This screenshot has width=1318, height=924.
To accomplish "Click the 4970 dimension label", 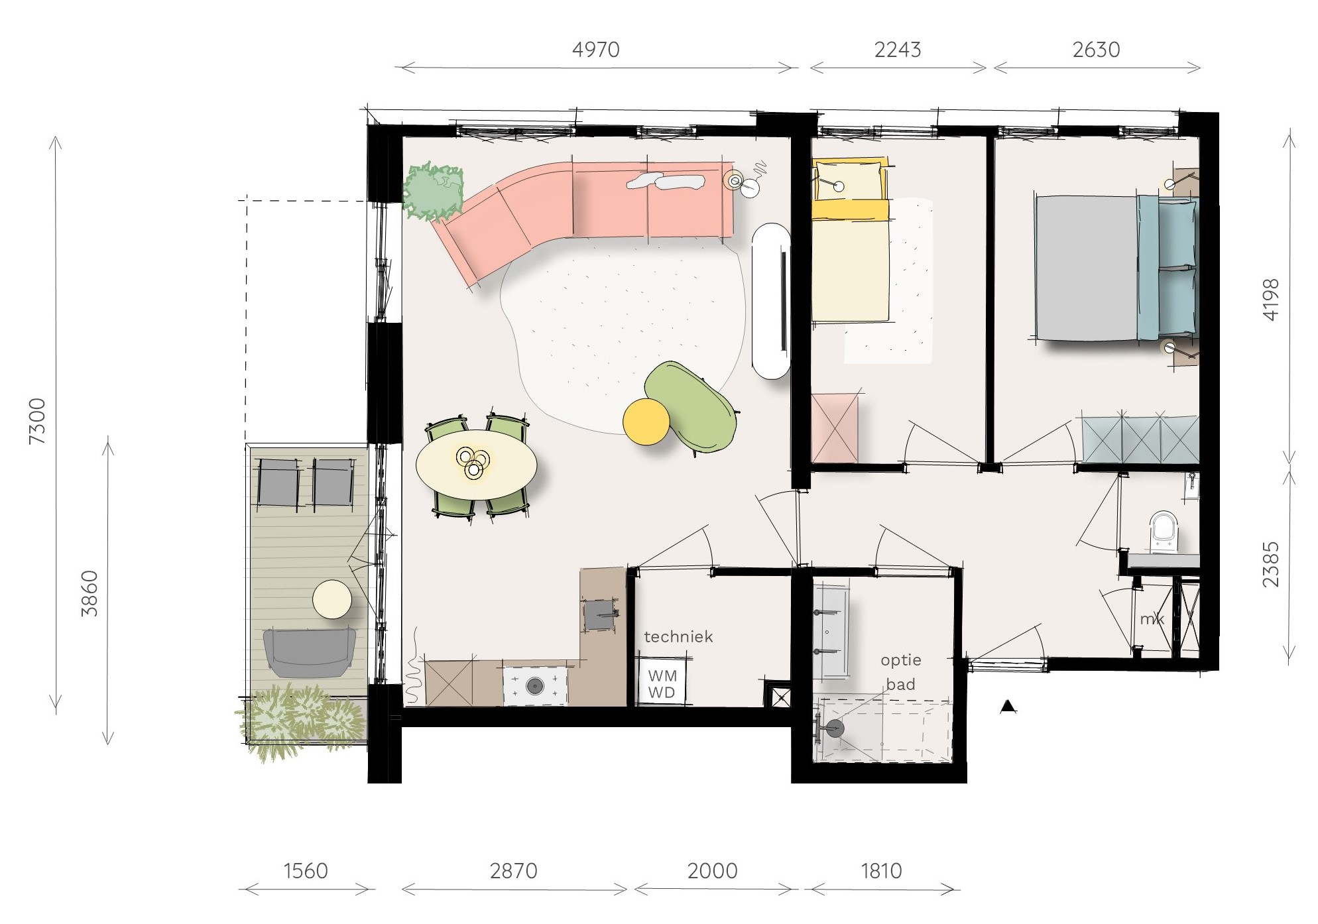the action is point(595,50).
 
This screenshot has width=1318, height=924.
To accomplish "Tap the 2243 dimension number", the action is point(898,50).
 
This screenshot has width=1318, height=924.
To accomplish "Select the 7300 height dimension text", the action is point(38,421).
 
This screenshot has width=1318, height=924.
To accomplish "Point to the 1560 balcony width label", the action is point(306,871).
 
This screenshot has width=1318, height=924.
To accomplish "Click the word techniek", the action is point(678,637).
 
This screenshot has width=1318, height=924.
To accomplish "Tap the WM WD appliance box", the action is point(662,681).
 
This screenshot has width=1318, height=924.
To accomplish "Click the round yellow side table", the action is point(646,422).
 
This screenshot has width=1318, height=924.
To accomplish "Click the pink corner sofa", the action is point(583,212).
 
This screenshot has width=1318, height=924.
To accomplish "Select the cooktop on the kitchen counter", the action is point(536,685).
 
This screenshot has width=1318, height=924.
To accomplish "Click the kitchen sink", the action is point(601,614).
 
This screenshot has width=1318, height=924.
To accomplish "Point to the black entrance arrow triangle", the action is point(1008,707).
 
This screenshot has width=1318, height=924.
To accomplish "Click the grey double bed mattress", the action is point(1087,268).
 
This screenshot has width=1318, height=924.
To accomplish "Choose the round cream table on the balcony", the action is point(332,599).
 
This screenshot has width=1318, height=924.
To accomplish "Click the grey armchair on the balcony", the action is point(309,653).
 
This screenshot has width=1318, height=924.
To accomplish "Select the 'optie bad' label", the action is point(901,672).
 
